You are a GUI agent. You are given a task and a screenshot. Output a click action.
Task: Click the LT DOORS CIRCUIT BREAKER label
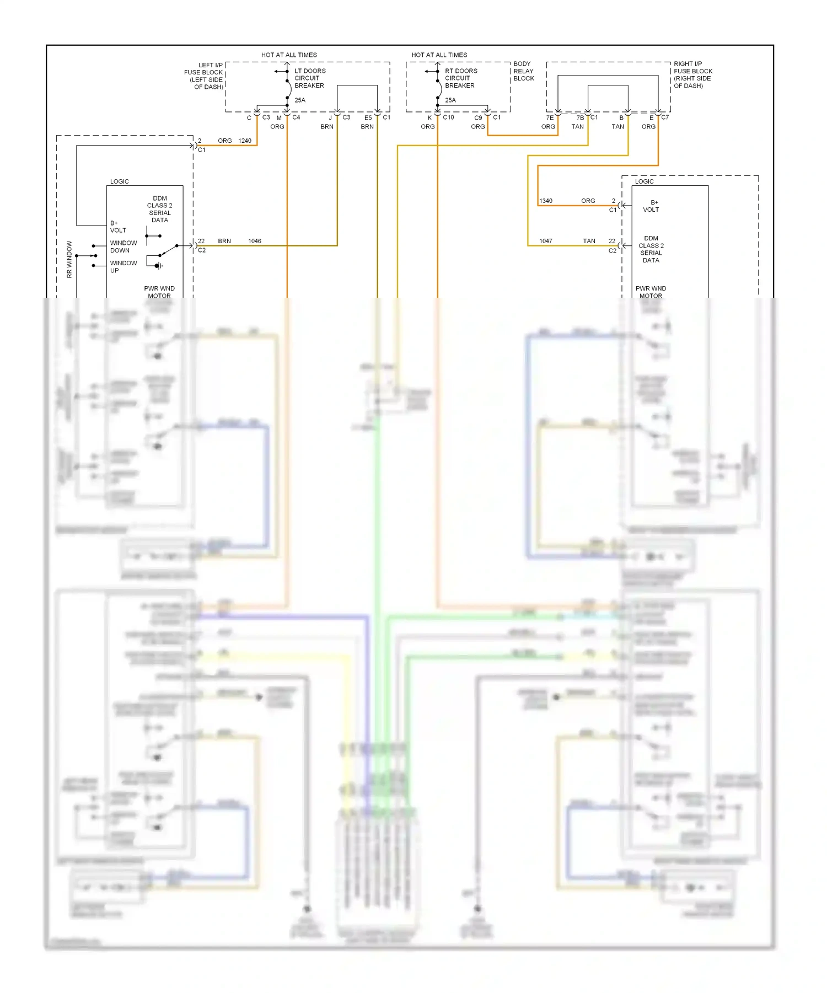point(309,78)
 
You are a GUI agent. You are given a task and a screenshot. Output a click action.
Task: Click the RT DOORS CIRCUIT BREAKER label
point(460,78)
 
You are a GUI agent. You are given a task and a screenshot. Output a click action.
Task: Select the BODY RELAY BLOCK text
point(523,71)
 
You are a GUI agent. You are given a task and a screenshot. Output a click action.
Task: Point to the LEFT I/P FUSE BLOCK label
point(204,76)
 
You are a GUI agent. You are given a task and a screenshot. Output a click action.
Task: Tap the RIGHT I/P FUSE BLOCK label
point(692,75)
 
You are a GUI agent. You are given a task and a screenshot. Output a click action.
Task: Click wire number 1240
point(244,141)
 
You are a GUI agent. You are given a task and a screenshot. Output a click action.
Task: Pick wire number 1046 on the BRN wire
point(254,241)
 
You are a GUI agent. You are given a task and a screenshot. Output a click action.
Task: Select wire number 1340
point(546,201)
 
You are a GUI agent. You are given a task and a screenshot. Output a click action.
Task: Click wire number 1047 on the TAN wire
point(546,241)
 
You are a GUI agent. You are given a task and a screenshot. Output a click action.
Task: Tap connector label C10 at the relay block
point(448,117)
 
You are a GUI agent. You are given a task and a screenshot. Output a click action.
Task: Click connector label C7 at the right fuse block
point(665,117)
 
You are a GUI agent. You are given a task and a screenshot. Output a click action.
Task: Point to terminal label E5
point(368,117)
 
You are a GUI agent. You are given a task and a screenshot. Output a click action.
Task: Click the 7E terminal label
point(550,117)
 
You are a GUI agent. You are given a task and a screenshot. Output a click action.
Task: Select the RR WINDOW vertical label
point(69,259)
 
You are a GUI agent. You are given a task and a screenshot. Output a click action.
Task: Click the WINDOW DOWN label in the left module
point(123,246)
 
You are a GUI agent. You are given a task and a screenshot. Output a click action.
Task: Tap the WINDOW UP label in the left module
point(123,267)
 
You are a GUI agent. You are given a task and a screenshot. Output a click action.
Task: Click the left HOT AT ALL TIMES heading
point(289,55)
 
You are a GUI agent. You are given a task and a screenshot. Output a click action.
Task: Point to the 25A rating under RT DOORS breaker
point(450,100)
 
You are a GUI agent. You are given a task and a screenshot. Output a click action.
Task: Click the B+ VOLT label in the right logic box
point(651,206)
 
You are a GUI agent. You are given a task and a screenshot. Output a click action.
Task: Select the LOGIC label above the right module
point(644,181)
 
